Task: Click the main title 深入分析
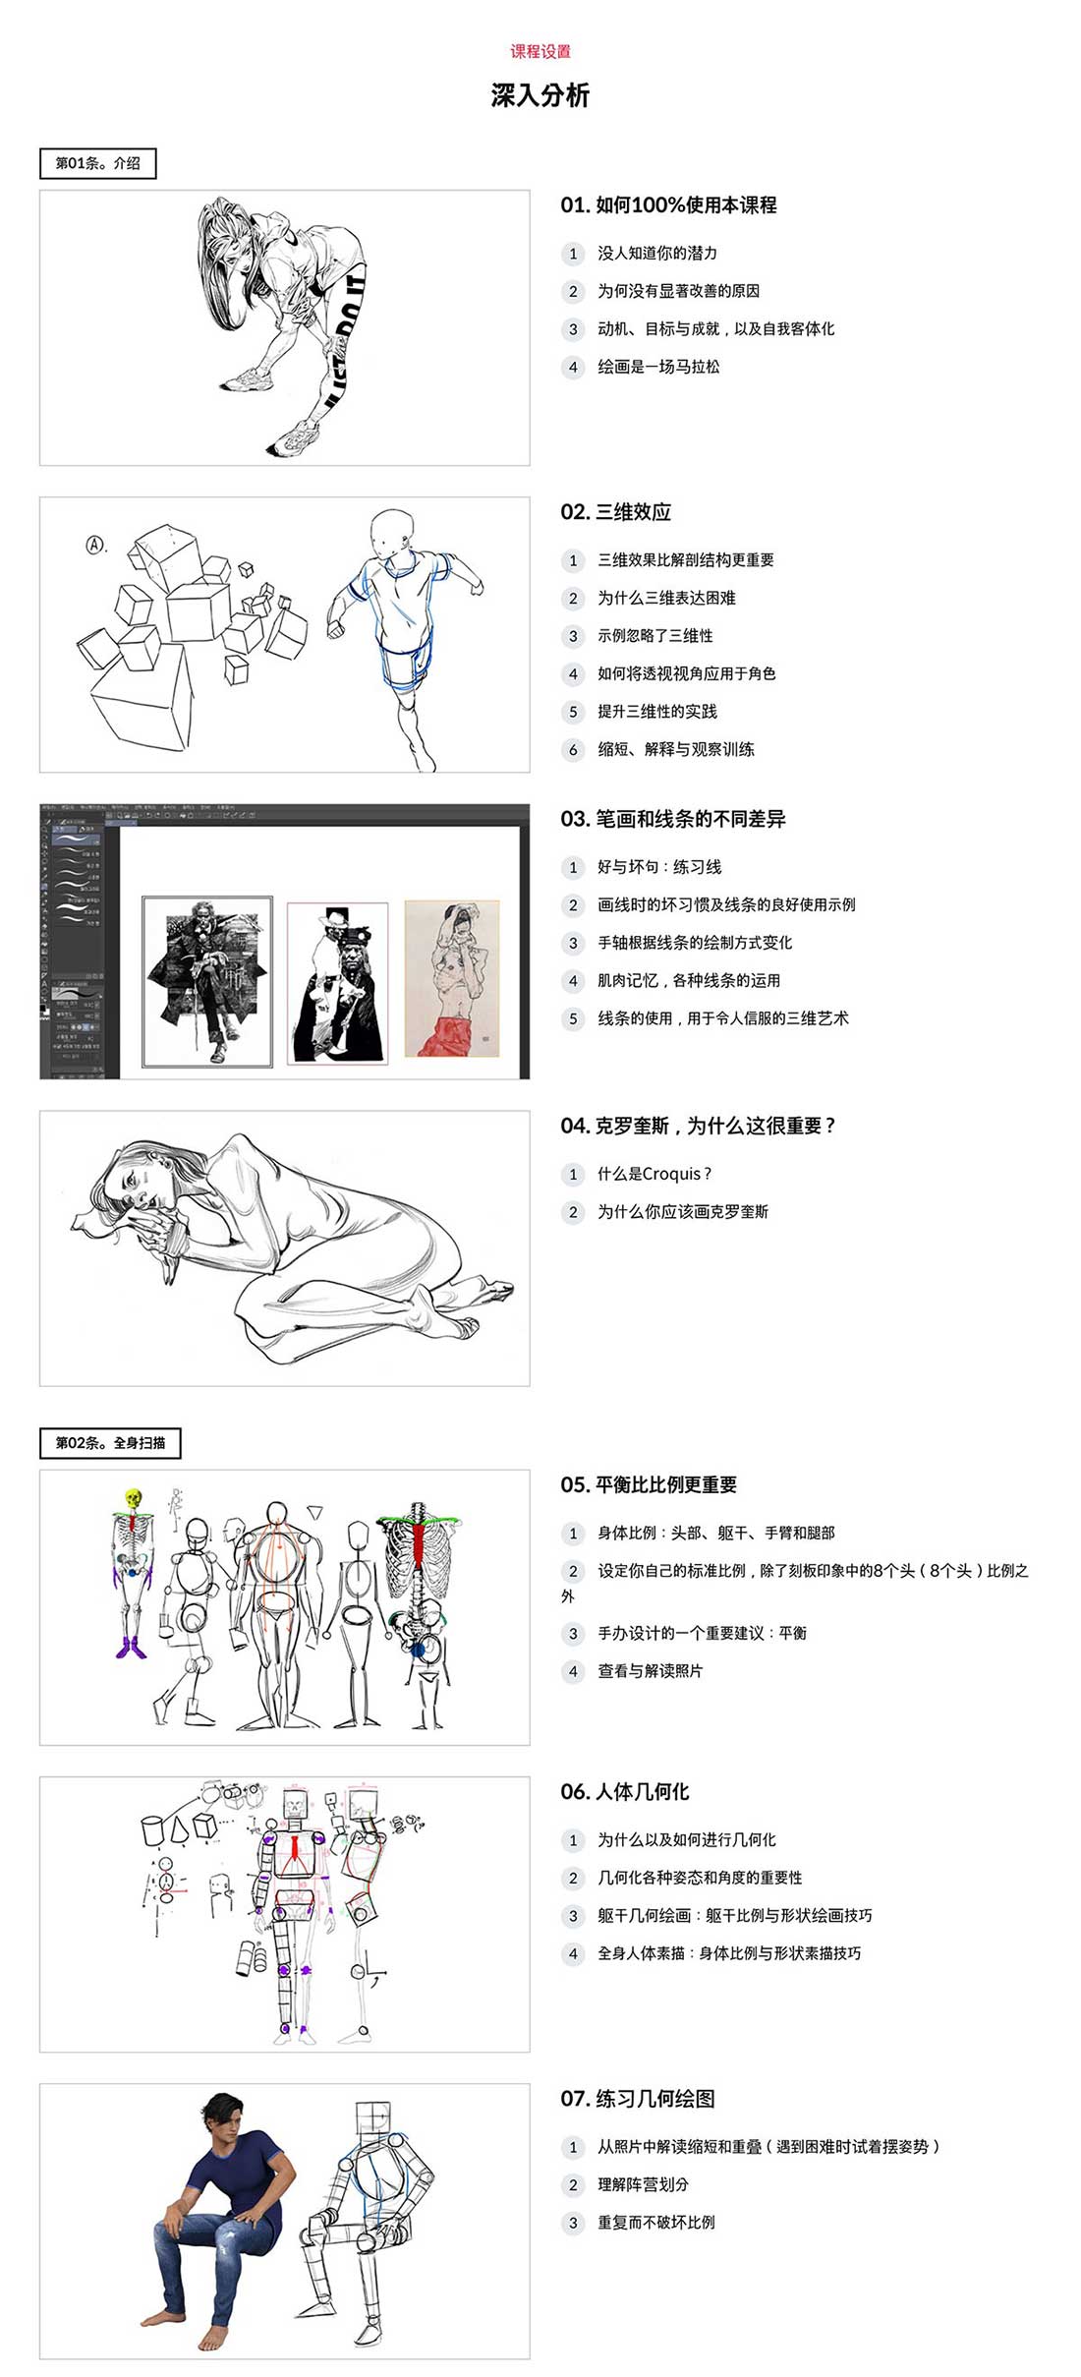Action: pyautogui.click(x=540, y=95)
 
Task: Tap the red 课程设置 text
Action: pyautogui.click(x=540, y=51)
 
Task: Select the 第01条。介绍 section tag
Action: pyautogui.click(x=97, y=163)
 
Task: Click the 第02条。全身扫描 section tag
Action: pyautogui.click(x=110, y=1443)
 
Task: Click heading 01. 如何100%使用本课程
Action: pyautogui.click(x=668, y=205)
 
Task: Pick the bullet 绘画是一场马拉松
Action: pyautogui.click(x=657, y=367)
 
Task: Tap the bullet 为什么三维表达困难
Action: pyautogui.click(x=666, y=598)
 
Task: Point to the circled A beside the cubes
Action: pyautogui.click(x=95, y=544)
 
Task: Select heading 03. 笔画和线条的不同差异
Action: pyautogui.click(x=672, y=819)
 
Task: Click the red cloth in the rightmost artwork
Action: pyautogui.click(x=452, y=1037)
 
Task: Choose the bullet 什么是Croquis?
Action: pyautogui.click(x=654, y=1174)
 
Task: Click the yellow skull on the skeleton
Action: pyautogui.click(x=133, y=1499)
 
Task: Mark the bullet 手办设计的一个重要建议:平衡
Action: pyautogui.click(x=702, y=1633)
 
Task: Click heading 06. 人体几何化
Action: pyautogui.click(x=624, y=1792)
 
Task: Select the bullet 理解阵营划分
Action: pyautogui.click(x=643, y=2184)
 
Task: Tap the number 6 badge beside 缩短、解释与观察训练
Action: pyautogui.click(x=573, y=750)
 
